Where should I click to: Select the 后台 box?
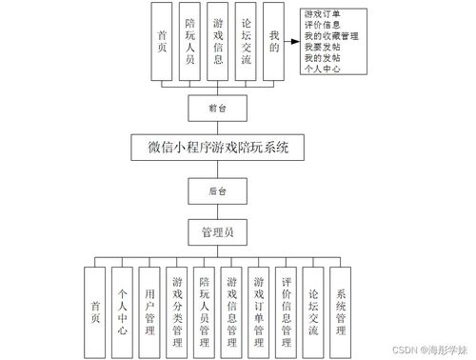[218, 190]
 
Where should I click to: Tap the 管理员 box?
[218, 231]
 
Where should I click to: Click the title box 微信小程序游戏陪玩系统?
[218, 148]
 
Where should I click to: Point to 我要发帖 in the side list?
[322, 47]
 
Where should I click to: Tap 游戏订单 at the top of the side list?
[322, 15]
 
